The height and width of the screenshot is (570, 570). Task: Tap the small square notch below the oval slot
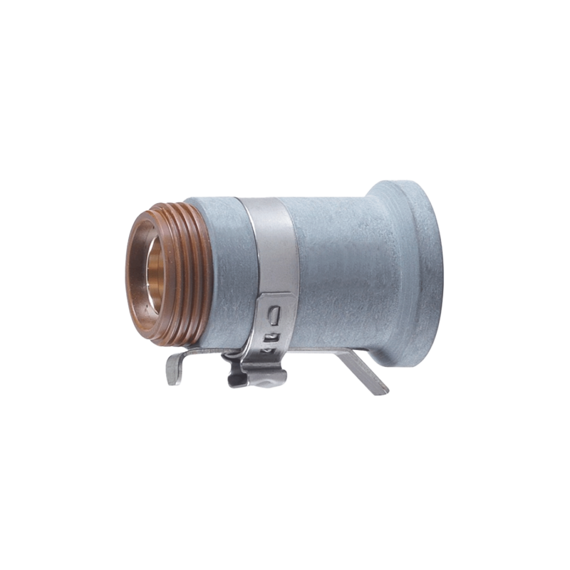click(x=271, y=335)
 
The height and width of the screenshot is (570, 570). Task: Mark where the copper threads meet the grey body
click(x=211, y=271)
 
